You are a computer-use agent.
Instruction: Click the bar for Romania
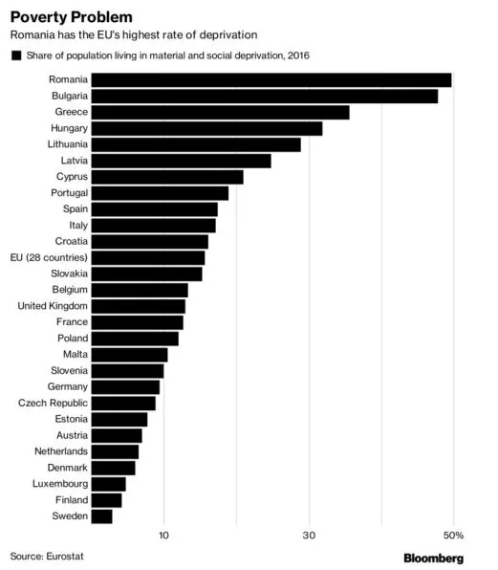click(x=271, y=80)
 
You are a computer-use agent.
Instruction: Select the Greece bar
click(x=220, y=112)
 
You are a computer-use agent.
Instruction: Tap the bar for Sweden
click(x=101, y=516)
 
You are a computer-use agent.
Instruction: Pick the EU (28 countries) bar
click(x=148, y=258)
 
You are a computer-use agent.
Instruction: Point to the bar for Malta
click(x=129, y=355)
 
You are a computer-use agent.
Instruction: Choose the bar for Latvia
click(x=181, y=161)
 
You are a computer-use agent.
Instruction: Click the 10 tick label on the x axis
click(x=163, y=536)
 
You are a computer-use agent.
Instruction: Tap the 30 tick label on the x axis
click(x=309, y=536)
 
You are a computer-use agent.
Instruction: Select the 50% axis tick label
click(x=453, y=536)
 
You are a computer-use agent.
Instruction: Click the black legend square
click(x=16, y=55)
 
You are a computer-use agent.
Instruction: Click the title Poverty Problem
click(x=71, y=17)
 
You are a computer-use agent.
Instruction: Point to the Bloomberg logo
click(x=434, y=559)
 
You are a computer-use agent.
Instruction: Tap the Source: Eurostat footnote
click(x=47, y=557)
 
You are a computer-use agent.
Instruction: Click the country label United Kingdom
click(x=53, y=306)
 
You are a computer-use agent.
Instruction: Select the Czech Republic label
click(x=53, y=404)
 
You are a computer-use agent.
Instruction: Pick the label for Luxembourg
click(x=60, y=484)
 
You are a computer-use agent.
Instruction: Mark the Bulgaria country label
click(x=70, y=96)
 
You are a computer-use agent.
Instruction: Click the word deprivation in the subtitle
click(x=228, y=34)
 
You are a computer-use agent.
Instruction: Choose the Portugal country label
click(x=70, y=193)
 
